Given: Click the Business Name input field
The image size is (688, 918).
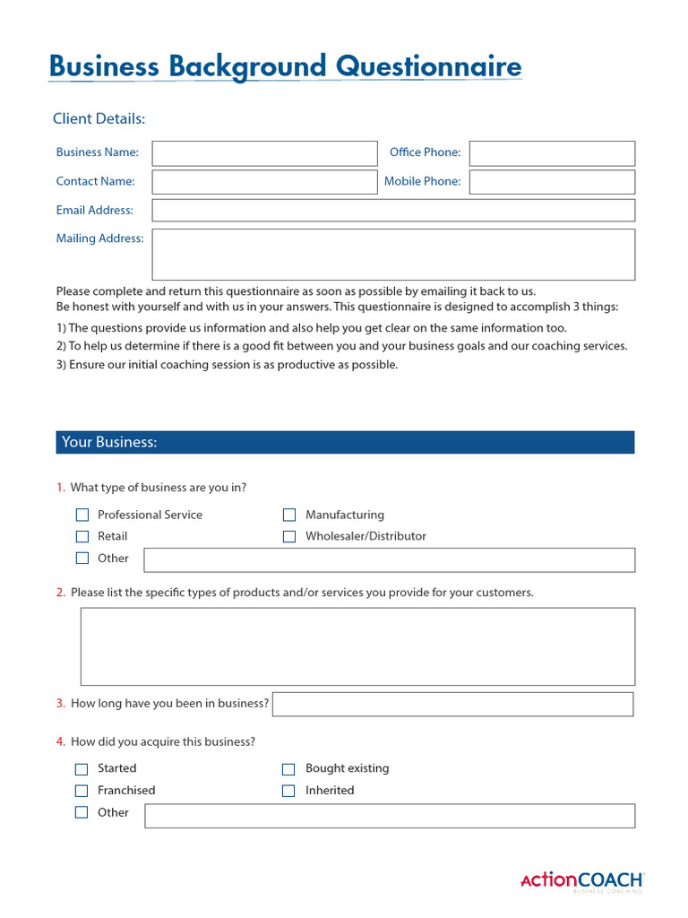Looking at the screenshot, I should (x=264, y=153).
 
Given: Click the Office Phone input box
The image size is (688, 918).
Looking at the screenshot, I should (x=552, y=153).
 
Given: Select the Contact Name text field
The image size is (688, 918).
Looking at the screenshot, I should (x=264, y=182).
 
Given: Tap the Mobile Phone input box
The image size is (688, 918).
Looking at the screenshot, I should (x=552, y=182).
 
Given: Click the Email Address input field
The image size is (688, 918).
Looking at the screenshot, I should (x=393, y=211).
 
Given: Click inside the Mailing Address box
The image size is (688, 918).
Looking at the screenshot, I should (x=393, y=255).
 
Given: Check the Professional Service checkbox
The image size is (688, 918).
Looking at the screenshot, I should (x=82, y=515).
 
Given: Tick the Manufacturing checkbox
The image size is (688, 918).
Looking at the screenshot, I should (x=289, y=515).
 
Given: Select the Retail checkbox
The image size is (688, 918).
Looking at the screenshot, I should (x=82, y=536).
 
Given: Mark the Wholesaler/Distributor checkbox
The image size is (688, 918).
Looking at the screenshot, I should (x=289, y=536).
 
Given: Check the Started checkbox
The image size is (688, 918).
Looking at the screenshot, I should (x=82, y=769).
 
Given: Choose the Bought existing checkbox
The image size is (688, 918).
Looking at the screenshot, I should (x=288, y=769).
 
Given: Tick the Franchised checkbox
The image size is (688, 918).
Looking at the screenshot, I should (x=82, y=791).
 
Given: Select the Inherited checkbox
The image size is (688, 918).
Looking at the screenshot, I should (x=288, y=791).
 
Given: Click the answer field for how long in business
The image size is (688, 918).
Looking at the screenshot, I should (x=452, y=704).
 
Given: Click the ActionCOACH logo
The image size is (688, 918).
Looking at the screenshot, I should (x=581, y=880).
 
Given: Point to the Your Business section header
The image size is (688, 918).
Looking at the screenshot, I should (x=345, y=442).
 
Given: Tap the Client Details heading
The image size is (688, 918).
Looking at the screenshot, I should (x=99, y=119).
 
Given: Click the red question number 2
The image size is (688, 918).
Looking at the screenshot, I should (x=60, y=593).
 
